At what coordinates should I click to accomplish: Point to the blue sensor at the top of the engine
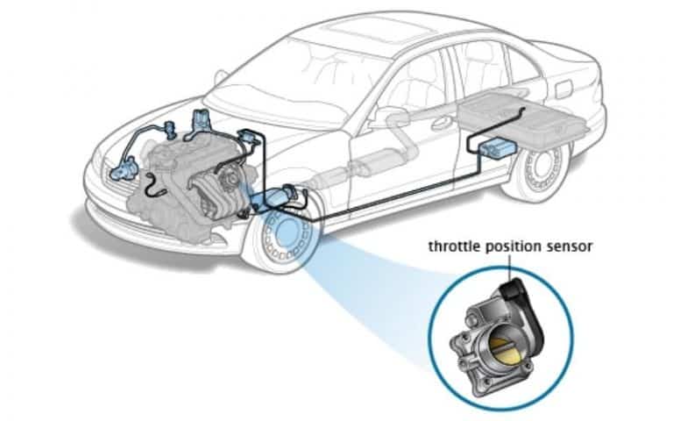click(202, 119)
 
